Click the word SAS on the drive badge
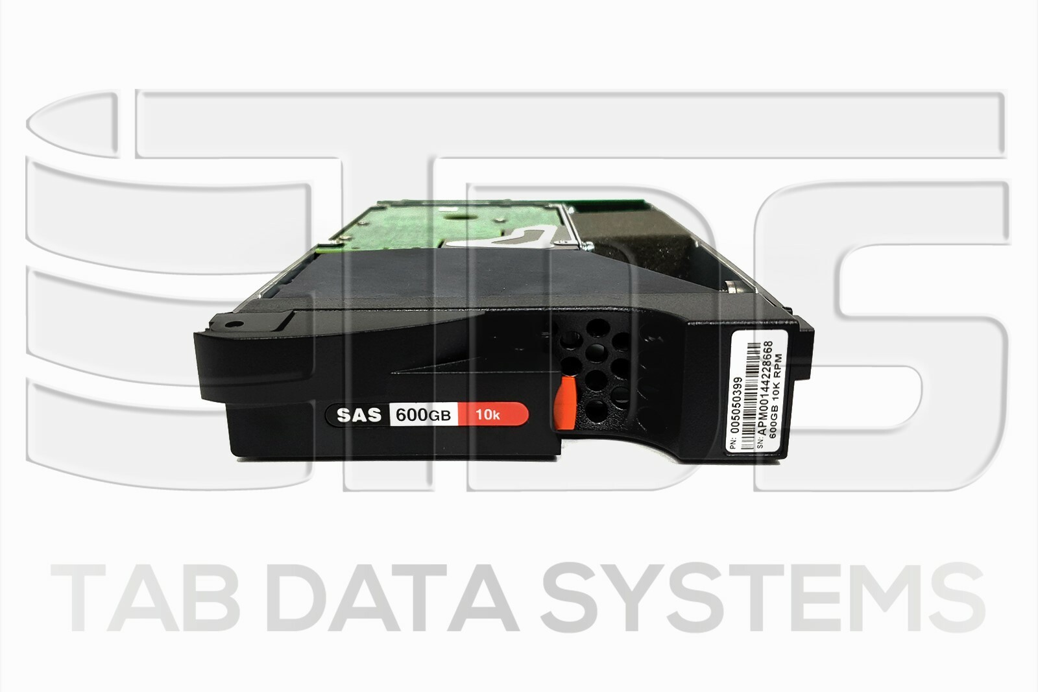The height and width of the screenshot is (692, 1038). [359, 414]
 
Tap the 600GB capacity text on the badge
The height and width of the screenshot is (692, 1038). [423, 415]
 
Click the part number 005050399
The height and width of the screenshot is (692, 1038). [736, 405]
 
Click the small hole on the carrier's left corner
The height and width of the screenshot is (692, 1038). [229, 322]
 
